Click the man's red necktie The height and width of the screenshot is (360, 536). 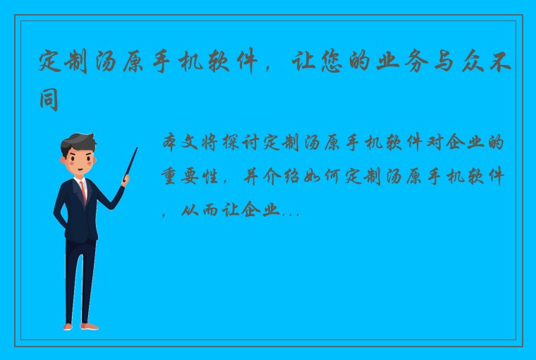coord(84,191)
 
